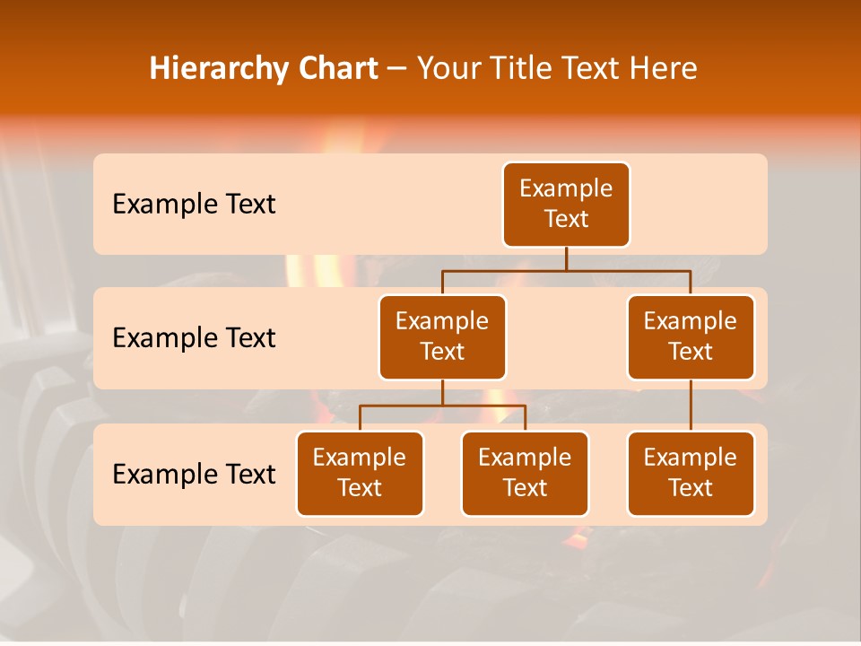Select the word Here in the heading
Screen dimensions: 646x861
664,68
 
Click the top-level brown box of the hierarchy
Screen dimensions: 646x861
566,205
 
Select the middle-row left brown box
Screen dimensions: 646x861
442,336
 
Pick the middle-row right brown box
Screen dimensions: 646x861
691,336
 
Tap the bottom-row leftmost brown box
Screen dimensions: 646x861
360,473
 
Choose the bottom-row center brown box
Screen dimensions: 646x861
525,473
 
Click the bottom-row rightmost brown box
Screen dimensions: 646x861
691,473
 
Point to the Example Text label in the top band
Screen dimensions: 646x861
194,205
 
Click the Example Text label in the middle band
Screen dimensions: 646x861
194,338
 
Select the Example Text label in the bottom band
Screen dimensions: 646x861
194,474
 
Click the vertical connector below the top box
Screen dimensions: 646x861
566,258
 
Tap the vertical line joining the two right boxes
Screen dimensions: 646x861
691,406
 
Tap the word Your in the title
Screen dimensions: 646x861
446,68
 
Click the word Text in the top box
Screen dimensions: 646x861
566,219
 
